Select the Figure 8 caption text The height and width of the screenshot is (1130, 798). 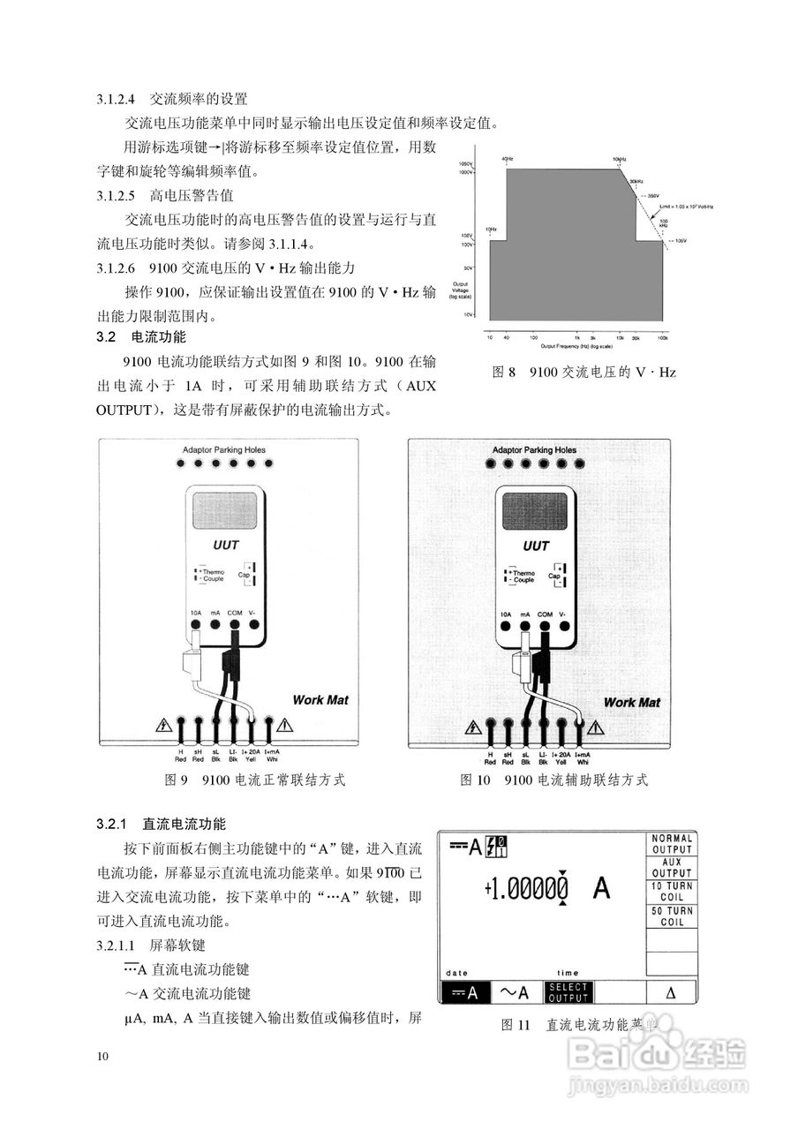pos(583,373)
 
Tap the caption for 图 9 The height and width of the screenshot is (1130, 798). pos(255,780)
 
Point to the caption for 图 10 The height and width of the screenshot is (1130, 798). pos(554,780)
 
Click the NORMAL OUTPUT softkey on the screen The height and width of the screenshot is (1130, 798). pos(673,844)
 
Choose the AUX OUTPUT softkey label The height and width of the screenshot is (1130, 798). pos(673,868)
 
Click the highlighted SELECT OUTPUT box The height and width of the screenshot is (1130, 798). pos(568,992)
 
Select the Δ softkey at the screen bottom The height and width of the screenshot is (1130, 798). pos(670,992)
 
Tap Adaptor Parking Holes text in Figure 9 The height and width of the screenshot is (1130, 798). pos(223,450)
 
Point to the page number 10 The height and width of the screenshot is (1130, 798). pos(103,1057)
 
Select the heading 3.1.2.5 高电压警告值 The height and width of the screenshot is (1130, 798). pos(165,195)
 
